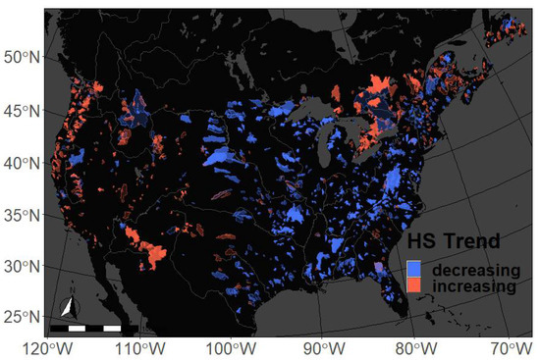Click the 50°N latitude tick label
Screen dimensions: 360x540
point(20,57)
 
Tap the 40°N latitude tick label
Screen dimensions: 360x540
point(20,161)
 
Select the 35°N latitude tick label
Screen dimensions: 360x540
point(20,214)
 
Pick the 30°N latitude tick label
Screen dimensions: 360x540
point(20,266)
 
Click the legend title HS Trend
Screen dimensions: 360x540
point(456,240)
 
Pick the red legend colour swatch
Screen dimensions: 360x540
point(413,285)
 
